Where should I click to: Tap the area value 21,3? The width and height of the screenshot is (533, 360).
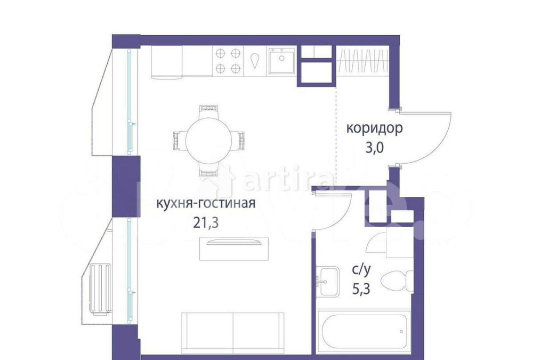tap(206, 221)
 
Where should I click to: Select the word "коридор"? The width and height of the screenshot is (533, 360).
tap(374, 129)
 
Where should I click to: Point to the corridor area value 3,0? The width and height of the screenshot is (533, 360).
tap(374, 148)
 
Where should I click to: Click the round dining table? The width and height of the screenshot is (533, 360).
tap(208, 140)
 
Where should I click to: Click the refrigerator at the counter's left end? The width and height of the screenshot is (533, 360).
tap(166, 61)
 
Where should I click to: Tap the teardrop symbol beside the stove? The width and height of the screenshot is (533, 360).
tap(256, 61)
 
